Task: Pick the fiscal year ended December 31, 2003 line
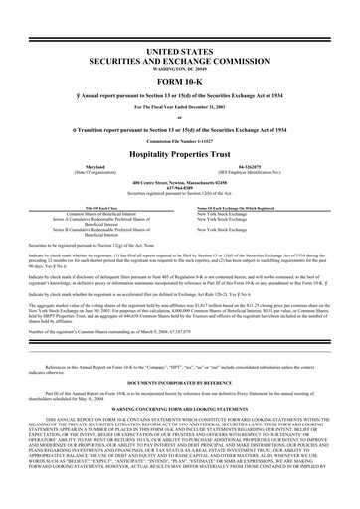tap(180, 106)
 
